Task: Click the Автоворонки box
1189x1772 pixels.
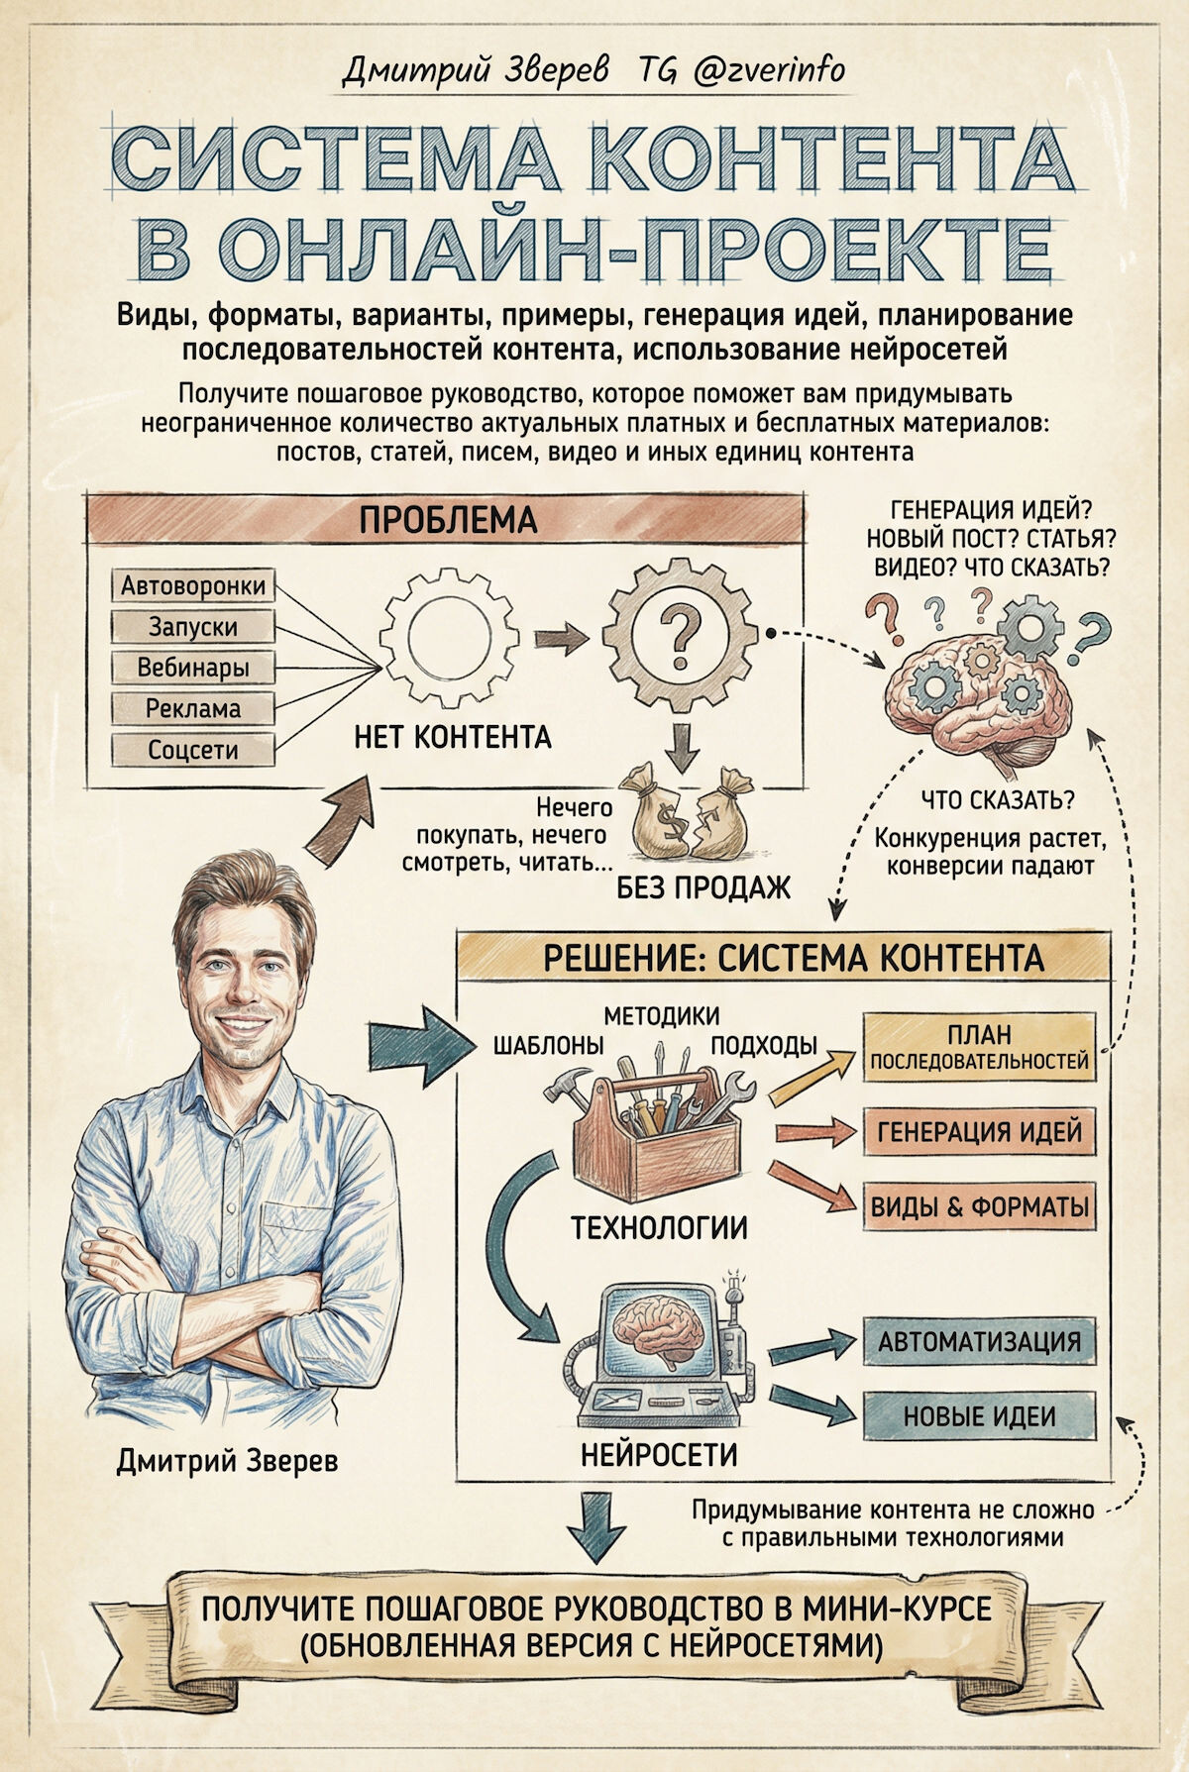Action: point(193,585)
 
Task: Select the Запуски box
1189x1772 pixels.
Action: point(193,626)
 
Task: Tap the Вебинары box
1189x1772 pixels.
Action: point(193,668)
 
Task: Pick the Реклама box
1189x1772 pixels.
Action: point(193,708)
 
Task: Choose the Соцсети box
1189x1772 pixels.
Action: point(193,750)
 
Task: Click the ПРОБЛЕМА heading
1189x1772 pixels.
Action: point(447,519)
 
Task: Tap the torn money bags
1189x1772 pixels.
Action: point(691,814)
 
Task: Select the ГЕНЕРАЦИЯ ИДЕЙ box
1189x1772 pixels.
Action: point(979,1131)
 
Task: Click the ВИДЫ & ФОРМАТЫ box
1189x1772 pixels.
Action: point(979,1206)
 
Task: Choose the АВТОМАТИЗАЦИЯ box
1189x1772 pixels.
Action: point(979,1341)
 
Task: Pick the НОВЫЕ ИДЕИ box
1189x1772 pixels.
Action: point(979,1415)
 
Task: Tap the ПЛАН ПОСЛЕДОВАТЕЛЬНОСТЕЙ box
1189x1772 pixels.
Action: point(979,1047)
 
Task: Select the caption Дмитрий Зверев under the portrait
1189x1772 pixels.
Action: point(227,1460)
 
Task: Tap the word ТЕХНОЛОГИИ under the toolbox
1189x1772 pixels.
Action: point(659,1229)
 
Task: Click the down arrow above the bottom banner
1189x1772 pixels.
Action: point(596,1526)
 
